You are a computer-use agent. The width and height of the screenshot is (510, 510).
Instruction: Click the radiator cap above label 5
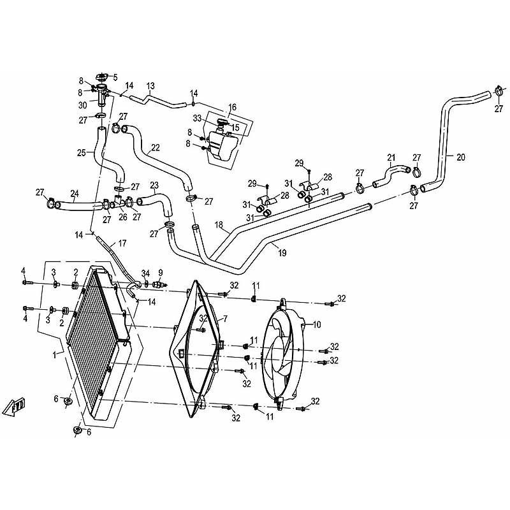pos(101,77)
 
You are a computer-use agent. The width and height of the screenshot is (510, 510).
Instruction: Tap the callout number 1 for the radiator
pos(55,355)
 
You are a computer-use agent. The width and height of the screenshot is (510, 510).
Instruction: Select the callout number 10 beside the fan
pos(316,324)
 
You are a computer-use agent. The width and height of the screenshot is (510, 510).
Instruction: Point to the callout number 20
pos(460,157)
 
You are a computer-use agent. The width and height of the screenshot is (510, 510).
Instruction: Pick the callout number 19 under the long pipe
pos(282,252)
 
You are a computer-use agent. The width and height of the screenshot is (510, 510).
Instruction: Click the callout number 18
pos(219,225)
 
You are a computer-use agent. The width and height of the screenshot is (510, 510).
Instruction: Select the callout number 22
pos(156,147)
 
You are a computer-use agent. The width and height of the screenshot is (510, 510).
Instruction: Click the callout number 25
pos(82,152)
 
